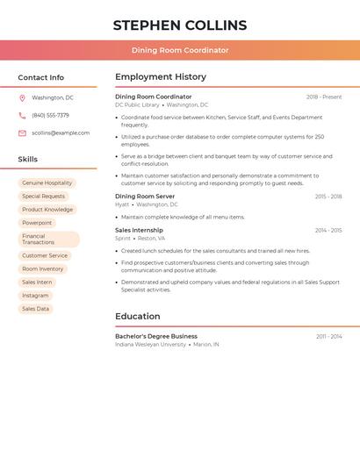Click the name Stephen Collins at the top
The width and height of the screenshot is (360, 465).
point(180,25)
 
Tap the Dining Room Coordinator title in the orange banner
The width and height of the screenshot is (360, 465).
point(180,50)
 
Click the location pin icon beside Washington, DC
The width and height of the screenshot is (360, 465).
point(22,98)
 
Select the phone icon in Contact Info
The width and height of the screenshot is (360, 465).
point(22,116)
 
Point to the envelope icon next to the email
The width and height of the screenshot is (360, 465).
point(22,133)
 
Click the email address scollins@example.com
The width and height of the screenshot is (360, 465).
point(61,133)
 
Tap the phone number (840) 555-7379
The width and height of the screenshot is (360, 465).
point(50,116)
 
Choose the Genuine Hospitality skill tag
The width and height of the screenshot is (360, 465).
point(47,183)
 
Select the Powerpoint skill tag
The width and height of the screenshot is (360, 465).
point(37,223)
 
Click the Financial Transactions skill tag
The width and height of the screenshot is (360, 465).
point(48,240)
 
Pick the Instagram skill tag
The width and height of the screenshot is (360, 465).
point(36,296)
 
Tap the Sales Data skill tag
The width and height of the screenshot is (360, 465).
point(36,309)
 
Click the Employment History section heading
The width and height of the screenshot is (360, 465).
point(161,77)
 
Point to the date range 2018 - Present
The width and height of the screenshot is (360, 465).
point(324,97)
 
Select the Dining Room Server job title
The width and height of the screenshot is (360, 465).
point(145,197)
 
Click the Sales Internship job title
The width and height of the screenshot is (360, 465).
point(139,231)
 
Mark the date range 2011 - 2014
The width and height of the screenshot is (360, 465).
point(329,337)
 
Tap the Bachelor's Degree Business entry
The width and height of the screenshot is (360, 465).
point(156,336)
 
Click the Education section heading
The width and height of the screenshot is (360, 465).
point(138,317)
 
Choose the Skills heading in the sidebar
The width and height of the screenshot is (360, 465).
point(28,160)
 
